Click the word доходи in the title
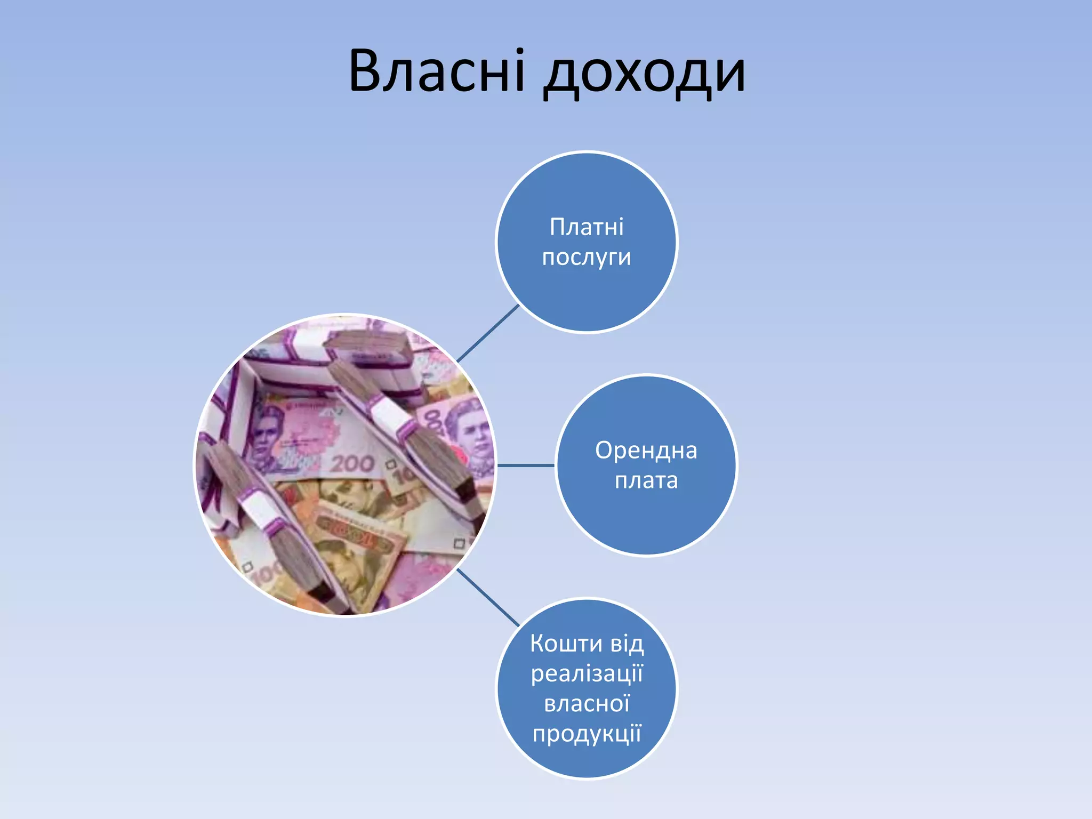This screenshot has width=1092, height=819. (644, 75)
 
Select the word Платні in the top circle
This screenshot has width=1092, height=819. (587, 227)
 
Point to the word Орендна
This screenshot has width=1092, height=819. (646, 451)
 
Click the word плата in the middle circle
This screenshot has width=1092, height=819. (646, 481)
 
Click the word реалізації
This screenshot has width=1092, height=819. (587, 674)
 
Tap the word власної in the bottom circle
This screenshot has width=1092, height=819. (587, 704)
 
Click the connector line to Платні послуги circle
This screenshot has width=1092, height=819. (488, 333)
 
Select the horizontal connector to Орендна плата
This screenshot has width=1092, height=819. (526, 465)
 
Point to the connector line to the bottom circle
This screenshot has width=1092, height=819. (488, 597)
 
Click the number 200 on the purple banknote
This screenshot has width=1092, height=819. (352, 463)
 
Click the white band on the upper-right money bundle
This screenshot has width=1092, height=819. (389, 413)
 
